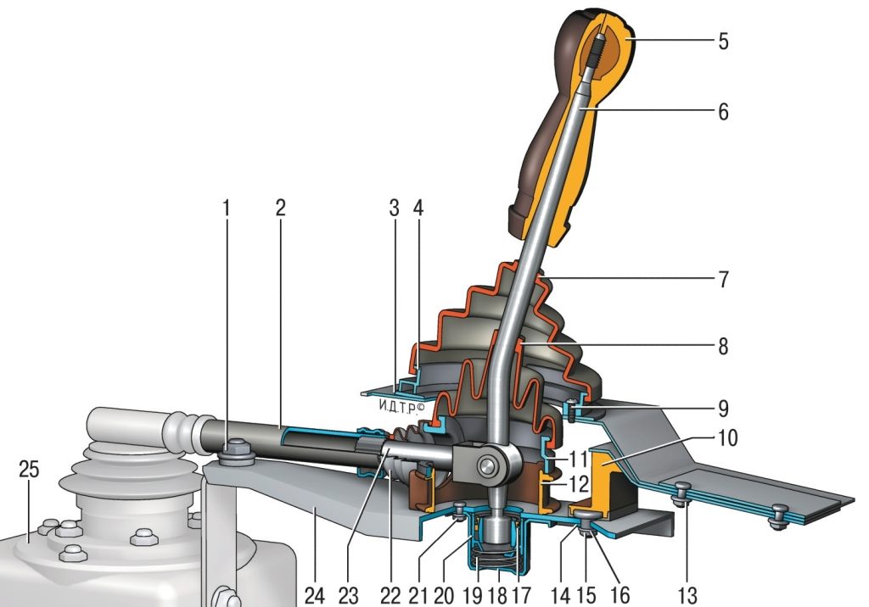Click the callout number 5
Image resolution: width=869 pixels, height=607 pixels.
click(723, 42)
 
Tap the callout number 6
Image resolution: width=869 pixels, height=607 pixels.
click(723, 112)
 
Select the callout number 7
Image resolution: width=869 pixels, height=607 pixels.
click(723, 279)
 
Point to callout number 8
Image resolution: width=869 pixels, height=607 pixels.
click(723, 347)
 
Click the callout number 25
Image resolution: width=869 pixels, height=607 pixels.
click(29, 470)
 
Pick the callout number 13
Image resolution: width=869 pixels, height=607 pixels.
click(687, 595)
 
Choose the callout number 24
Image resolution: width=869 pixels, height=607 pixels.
click(314, 595)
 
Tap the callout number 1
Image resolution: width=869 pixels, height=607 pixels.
click(226, 209)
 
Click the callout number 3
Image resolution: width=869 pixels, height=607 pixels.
click(394, 209)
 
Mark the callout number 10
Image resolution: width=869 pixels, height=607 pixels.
click(727, 438)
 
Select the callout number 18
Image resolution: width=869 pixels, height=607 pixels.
click(497, 595)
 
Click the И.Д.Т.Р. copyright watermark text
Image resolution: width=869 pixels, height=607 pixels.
click(401, 406)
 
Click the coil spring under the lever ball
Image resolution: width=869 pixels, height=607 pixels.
click(497, 560)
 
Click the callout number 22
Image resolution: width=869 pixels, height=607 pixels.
click(390, 595)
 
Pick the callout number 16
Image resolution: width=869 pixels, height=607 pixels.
click(620, 595)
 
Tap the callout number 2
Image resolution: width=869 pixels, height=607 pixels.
click(280, 209)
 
